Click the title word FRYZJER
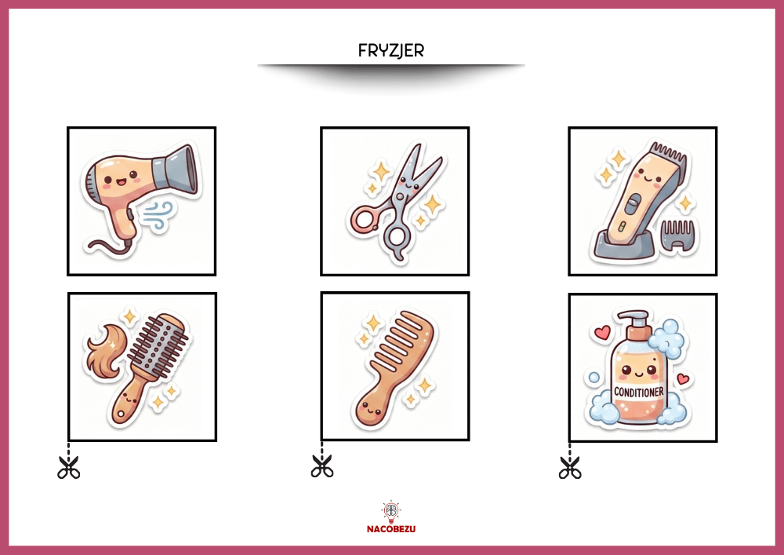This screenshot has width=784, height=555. click(391, 50)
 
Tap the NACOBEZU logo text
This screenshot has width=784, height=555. click(391, 529)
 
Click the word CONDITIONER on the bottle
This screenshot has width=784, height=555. click(639, 392)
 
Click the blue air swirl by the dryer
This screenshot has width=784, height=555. click(158, 216)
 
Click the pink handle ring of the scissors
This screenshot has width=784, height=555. click(362, 221)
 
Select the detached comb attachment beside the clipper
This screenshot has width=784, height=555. click(678, 233)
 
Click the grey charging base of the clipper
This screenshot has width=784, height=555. click(626, 244)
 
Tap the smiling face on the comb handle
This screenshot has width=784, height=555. click(371, 408)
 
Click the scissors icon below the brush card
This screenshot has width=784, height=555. click(68, 467)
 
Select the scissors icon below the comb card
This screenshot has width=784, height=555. click(322, 466)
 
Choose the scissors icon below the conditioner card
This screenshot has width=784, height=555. click(570, 467)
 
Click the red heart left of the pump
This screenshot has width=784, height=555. click(603, 332)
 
